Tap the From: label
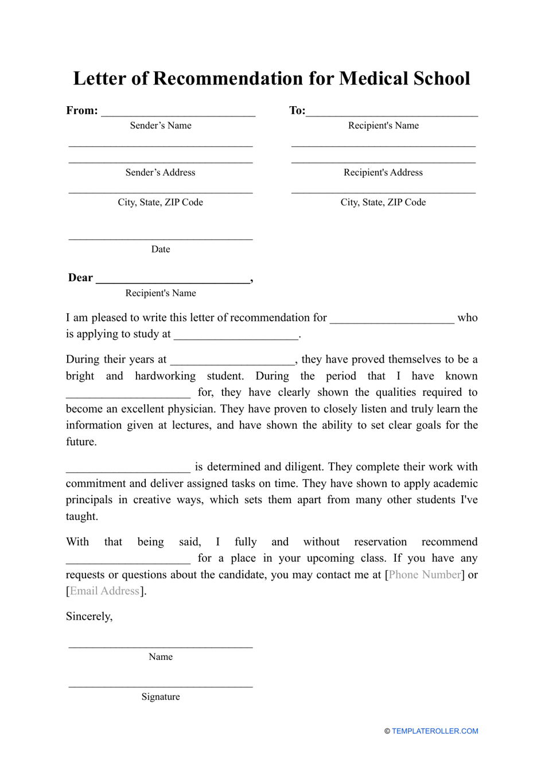pos(82,111)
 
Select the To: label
pos(297,111)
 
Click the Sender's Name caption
pos(161,126)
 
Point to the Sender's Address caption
pos(161,173)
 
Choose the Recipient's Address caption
pos(383,173)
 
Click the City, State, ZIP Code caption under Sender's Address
pos(161,203)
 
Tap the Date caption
pos(161,250)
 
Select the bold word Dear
pos(80,278)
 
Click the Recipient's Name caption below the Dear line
pos(161,293)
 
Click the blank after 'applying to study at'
pos(236,336)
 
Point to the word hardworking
pos(165,376)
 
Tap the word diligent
pos(302,467)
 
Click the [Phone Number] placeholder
pos(425,575)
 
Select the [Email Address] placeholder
pos(105,592)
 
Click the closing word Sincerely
pos(89,617)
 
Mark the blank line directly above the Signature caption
pos(161,686)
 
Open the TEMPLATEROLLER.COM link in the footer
pos(435,732)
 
